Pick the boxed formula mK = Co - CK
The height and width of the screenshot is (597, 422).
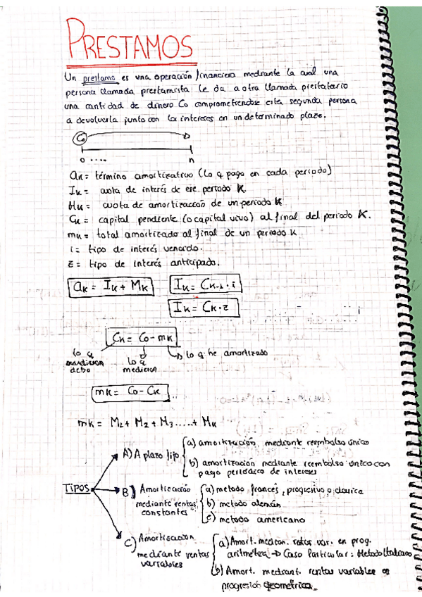[x=132, y=392]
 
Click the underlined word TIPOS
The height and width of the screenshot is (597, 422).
[x=77, y=487]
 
